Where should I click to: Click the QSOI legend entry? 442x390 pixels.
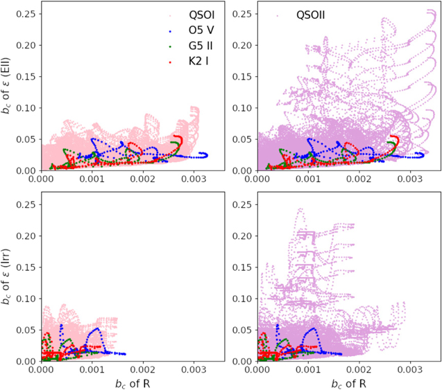pyautogui.click(x=196, y=15)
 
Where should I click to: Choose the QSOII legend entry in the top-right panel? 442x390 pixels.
pyautogui.click(x=313, y=15)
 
